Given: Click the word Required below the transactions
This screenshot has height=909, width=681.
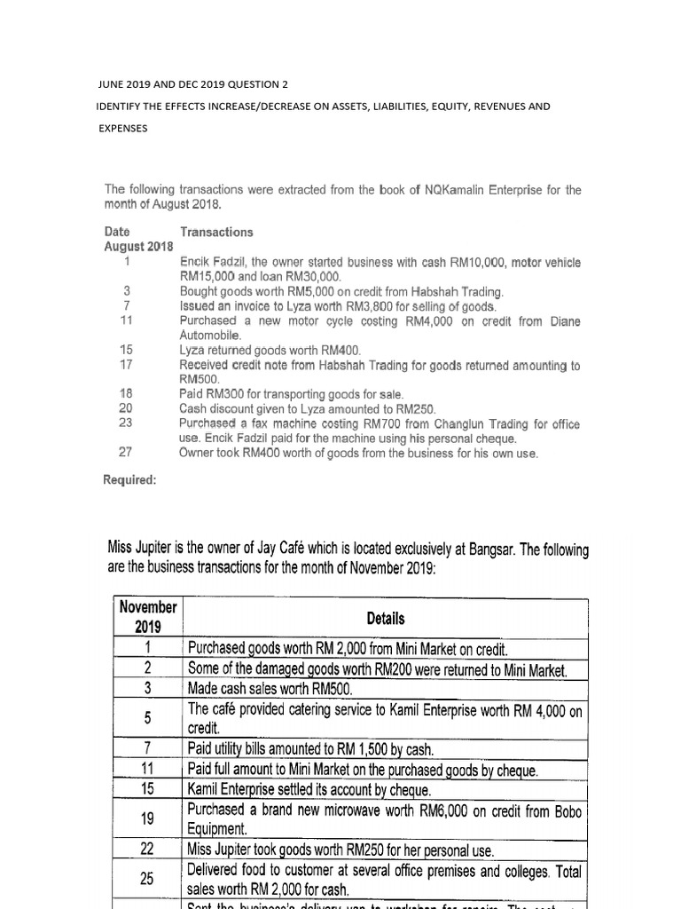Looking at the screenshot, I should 130,479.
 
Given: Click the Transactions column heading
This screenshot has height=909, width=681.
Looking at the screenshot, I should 216,232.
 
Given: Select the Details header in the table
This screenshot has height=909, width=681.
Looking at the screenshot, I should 385,618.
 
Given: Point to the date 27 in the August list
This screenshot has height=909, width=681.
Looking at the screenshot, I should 126,452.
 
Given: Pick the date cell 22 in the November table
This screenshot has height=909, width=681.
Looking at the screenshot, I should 148,850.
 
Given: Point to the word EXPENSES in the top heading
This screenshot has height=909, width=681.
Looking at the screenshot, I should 122,128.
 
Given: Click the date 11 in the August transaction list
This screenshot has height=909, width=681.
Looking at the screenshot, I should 126,320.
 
